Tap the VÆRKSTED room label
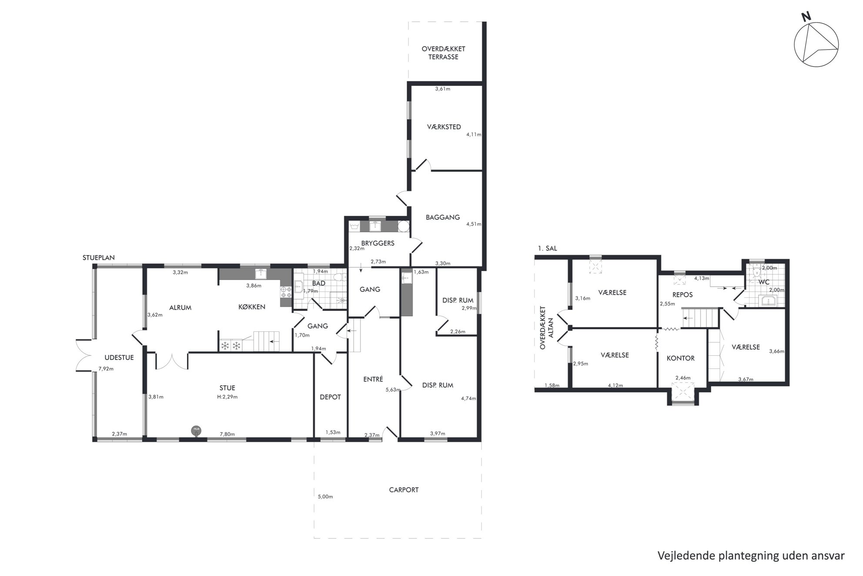pyautogui.click(x=444, y=127)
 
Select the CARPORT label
pyautogui.click(x=404, y=490)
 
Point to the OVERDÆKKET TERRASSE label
pyautogui.click(x=443, y=53)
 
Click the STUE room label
pyautogui.click(x=227, y=388)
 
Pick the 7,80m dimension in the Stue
pyautogui.click(x=227, y=434)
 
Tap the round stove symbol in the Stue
pyautogui.click(x=196, y=431)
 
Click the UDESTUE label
pyautogui.click(x=119, y=358)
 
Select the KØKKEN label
pyautogui.click(x=252, y=307)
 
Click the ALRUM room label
pyautogui.click(x=180, y=307)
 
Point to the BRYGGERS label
pyautogui.click(x=378, y=243)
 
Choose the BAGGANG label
pyautogui.click(x=443, y=217)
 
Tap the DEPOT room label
pyautogui.click(x=330, y=397)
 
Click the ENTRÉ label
pyautogui.click(x=373, y=379)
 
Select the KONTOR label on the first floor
pyautogui.click(x=681, y=358)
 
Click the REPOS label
pyautogui.click(x=682, y=295)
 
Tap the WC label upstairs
pyautogui.click(x=764, y=282)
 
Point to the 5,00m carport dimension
pyautogui.click(x=325, y=497)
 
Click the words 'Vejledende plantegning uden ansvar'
pyautogui.click(x=751, y=556)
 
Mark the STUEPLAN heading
pyautogui.click(x=99, y=258)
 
